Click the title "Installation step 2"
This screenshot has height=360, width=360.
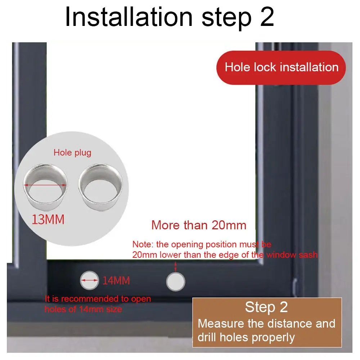pyautogui.click(x=169, y=17)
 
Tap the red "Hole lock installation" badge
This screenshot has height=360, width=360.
pyautogui.click(x=282, y=67)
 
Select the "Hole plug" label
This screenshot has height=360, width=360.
pyautogui.click(x=72, y=153)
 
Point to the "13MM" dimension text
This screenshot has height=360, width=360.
pyautogui.click(x=48, y=219)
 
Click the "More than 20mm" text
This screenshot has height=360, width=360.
pyautogui.click(x=199, y=225)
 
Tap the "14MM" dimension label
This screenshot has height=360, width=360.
pyautogui.click(x=116, y=281)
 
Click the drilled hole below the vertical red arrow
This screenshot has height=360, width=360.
pyautogui.click(x=176, y=282)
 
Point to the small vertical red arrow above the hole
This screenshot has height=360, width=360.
pyautogui.click(x=176, y=266)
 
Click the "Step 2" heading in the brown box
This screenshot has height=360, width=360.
pyautogui.click(x=266, y=307)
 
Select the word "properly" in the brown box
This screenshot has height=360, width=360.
pyautogui.click(x=274, y=337)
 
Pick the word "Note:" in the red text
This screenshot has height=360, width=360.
pyautogui.click(x=143, y=245)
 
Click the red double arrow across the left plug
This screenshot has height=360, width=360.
pyautogui.click(x=45, y=185)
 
